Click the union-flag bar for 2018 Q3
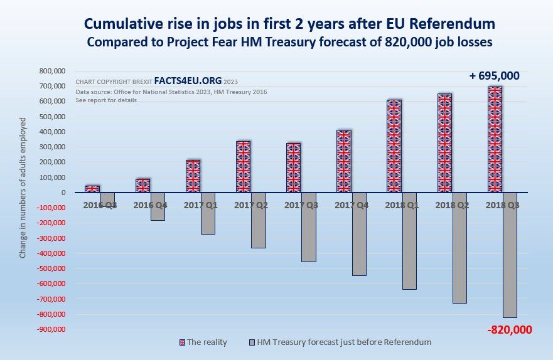coord(495,139)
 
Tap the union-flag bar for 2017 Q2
coord(243,167)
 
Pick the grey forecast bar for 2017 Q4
coord(358,234)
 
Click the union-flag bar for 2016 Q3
coord(92,189)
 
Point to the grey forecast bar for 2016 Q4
coord(158,206)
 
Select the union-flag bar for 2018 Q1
coord(394,146)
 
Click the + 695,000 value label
coord(494,76)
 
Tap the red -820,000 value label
coord(509,330)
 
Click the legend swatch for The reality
coord(183,342)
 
